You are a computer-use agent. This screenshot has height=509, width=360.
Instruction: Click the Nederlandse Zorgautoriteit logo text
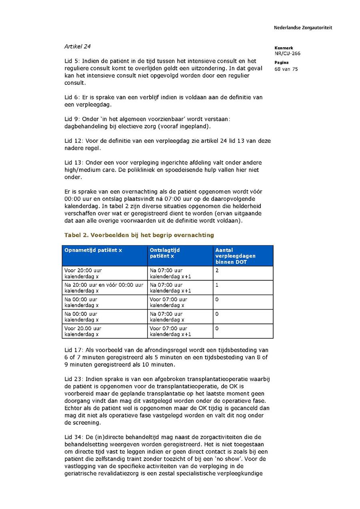click(303, 28)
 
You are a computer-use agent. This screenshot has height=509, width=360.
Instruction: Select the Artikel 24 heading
click(78, 46)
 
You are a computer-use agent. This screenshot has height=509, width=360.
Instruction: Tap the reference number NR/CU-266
click(287, 54)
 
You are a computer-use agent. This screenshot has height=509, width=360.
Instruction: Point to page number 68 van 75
click(286, 69)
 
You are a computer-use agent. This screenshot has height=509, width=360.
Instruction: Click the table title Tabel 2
click(139, 235)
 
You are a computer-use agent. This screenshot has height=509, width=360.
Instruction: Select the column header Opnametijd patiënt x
click(93, 250)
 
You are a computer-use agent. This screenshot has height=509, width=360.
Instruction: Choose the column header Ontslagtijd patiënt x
click(165, 253)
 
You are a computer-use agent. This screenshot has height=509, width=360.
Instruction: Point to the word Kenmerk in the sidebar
click(284, 48)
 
